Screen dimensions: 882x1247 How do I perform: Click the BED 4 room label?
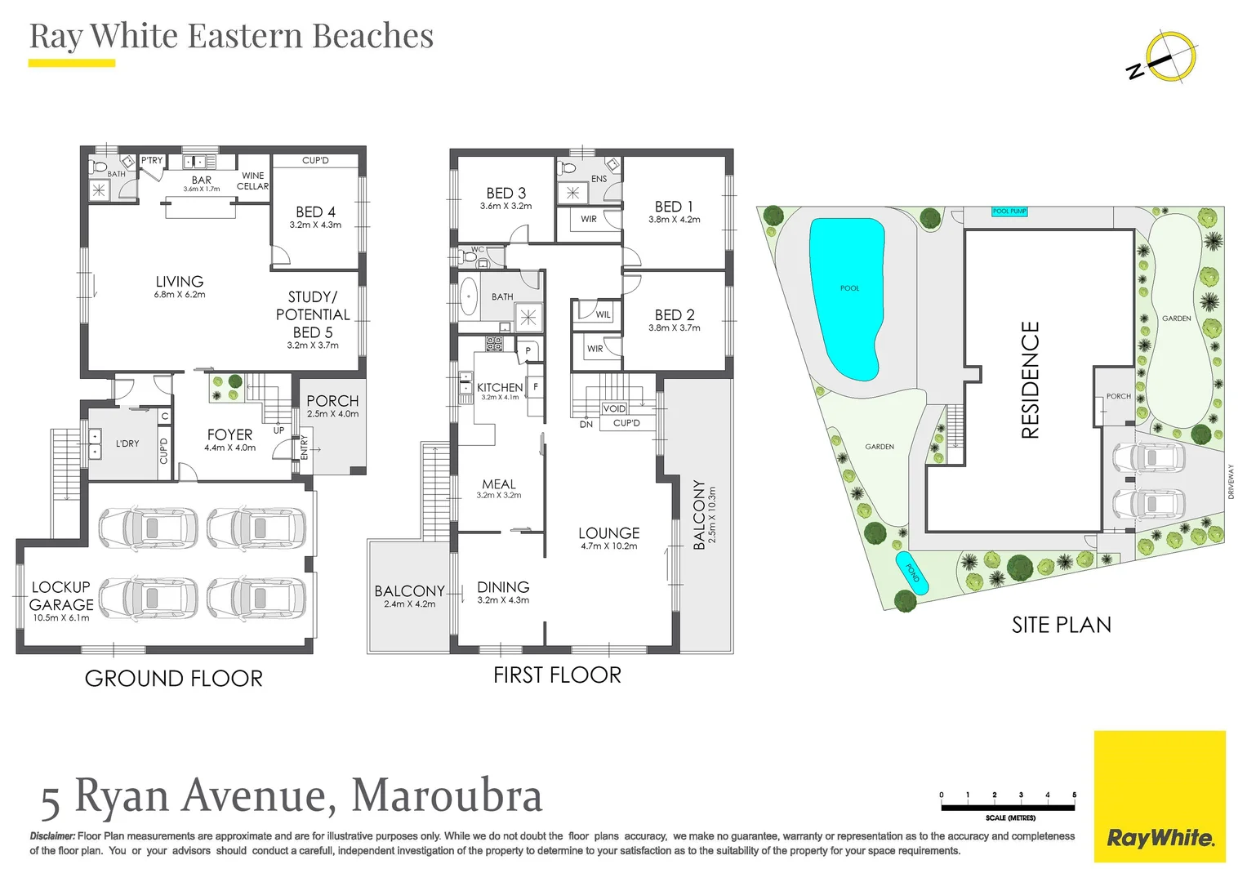(315, 212)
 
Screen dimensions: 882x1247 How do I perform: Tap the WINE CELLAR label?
(252, 180)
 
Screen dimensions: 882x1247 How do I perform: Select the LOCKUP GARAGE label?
(61, 596)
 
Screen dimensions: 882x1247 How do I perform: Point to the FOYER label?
(229, 435)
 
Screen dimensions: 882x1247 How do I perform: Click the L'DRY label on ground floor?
(127, 443)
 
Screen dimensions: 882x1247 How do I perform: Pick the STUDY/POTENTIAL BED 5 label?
(313, 315)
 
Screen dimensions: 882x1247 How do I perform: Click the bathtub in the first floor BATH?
(469, 296)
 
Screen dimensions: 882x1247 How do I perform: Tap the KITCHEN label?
(500, 387)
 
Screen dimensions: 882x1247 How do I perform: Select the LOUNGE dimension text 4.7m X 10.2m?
(609, 546)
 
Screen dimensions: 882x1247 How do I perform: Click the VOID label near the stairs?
(614, 408)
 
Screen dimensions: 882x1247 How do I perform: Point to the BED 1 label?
(674, 207)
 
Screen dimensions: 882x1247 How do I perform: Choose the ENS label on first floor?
(599, 179)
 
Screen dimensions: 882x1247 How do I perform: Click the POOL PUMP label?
(1009, 212)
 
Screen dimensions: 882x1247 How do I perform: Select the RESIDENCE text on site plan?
(1031, 380)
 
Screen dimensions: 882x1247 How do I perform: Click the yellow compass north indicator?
(1170, 58)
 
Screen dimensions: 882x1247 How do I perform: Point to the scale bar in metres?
(1008, 807)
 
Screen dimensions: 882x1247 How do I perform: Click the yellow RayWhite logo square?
(1160, 796)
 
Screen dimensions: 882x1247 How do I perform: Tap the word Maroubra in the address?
(447, 796)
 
